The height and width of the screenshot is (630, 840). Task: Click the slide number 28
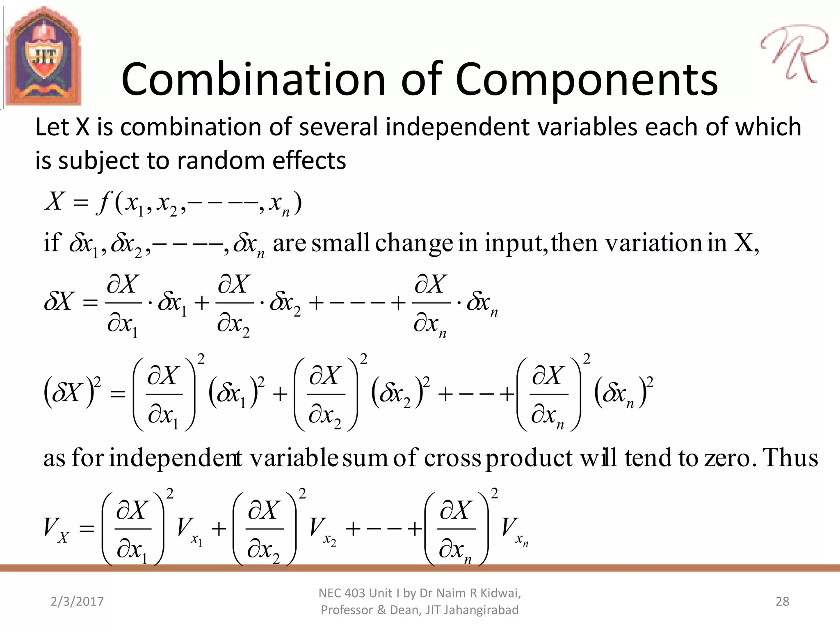782,601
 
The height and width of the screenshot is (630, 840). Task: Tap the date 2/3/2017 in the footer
77,601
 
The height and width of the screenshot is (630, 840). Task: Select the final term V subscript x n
514,530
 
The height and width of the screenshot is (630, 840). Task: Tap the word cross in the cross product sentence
452,458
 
